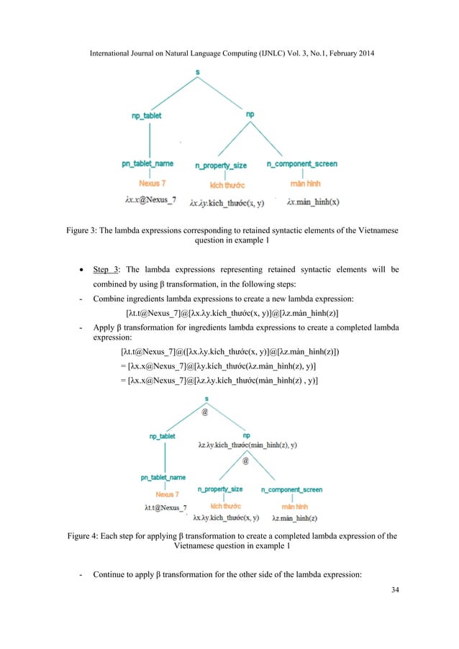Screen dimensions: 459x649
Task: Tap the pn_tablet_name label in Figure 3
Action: (146, 165)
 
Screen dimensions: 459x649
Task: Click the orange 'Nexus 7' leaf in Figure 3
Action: (150, 183)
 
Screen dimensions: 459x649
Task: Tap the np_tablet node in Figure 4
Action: (163, 436)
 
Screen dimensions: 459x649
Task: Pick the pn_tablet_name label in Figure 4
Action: (163, 477)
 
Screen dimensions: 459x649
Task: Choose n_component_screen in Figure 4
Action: (291, 490)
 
